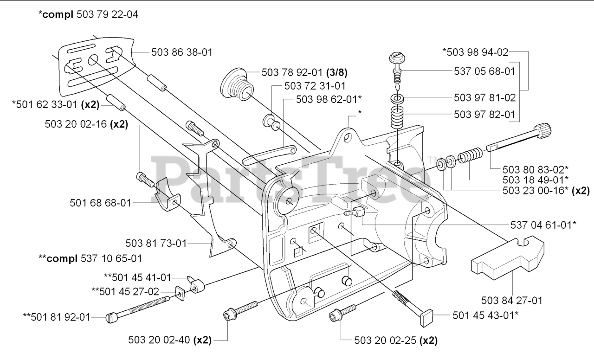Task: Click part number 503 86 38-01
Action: click(182, 52)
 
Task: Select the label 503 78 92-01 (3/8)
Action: click(305, 73)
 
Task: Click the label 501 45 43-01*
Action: click(486, 315)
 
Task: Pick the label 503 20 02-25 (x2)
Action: click(396, 341)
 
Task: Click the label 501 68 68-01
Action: click(100, 202)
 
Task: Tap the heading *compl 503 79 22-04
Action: click(88, 15)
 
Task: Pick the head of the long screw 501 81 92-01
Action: click(110, 318)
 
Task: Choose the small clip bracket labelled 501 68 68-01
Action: click(167, 194)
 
